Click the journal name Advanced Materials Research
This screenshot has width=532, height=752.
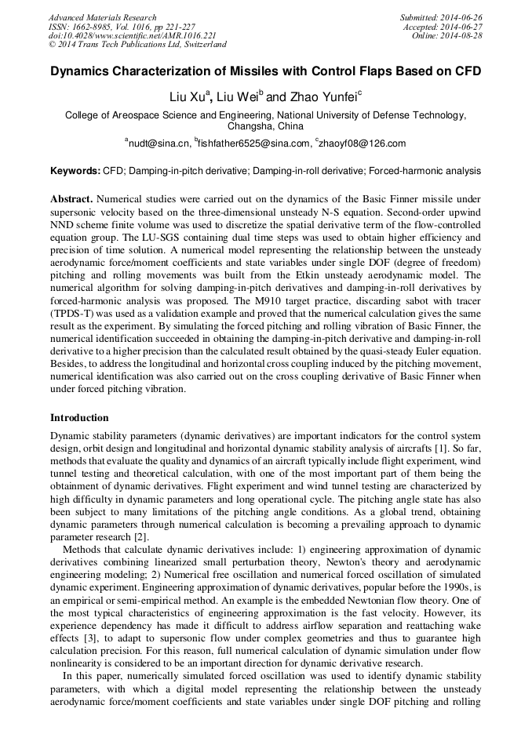(103, 17)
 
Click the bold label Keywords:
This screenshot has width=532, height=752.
(75, 169)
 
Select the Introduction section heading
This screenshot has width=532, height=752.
(79, 418)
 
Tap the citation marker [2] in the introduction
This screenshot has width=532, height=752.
(140, 538)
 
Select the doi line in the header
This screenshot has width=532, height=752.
(133, 35)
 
